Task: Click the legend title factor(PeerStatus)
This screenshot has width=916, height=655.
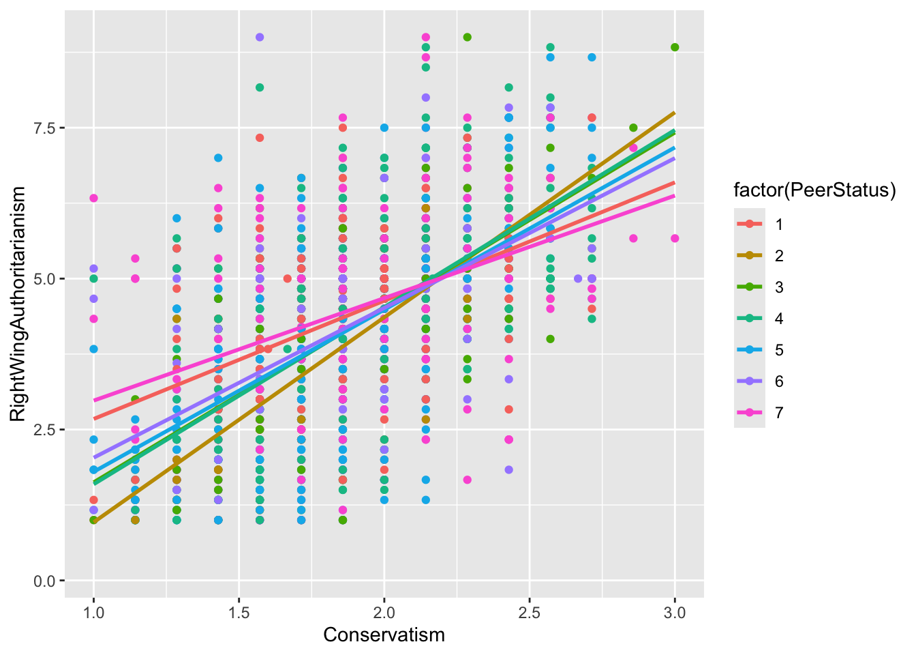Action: click(814, 190)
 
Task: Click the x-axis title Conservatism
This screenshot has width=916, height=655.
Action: click(384, 635)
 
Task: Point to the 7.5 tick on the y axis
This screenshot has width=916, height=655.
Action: click(42, 128)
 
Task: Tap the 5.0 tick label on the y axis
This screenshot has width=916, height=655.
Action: click(42, 278)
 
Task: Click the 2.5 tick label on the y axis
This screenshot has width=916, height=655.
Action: click(42, 429)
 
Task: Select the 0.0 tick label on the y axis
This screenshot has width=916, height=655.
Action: click(42, 581)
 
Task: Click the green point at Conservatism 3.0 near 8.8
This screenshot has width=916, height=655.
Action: click(675, 47)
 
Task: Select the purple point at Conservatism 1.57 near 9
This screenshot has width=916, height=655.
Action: click(260, 38)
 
